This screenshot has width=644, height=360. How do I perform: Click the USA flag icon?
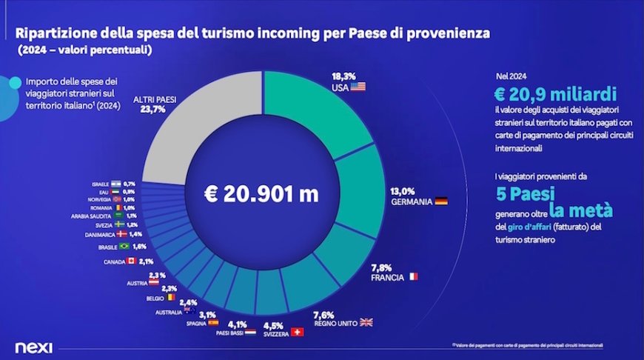click(x=358, y=87)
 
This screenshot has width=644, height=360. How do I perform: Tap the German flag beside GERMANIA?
click(x=440, y=201)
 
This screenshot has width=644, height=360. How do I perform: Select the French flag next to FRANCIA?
click(x=412, y=277)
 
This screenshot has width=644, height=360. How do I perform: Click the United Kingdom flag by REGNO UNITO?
click(x=366, y=322)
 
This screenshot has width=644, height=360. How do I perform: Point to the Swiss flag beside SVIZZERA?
click(x=298, y=332)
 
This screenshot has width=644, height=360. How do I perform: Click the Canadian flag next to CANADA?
click(x=131, y=261)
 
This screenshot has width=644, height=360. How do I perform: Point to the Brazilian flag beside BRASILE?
click(x=124, y=246)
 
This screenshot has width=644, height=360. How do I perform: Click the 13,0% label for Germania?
click(x=403, y=190)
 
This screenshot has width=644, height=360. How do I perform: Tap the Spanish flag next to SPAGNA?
click(x=213, y=322)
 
